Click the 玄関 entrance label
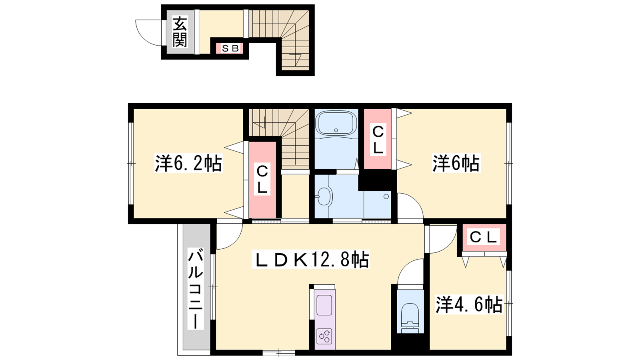[x=180, y=32]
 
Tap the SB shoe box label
[x=230, y=48]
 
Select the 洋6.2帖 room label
[x=188, y=163]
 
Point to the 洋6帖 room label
[x=456, y=163]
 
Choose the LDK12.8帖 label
[x=310, y=260]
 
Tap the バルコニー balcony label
[x=196, y=288]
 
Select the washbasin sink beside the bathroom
[x=324, y=196]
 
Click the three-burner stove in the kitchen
[x=324, y=336]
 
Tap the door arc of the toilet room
[x=406, y=267]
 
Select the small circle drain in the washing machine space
[x=386, y=196]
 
